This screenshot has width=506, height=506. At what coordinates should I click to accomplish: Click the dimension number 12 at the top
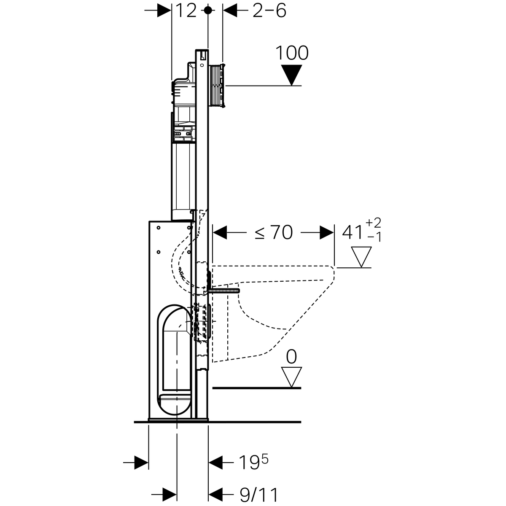tap(186, 11)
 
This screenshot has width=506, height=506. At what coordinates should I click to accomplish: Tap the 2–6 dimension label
tap(269, 11)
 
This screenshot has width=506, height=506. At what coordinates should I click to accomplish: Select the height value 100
tap(292, 53)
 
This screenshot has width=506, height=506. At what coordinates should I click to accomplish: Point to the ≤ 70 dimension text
tap(274, 232)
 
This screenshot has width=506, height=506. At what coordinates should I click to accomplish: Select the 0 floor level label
tap(291, 357)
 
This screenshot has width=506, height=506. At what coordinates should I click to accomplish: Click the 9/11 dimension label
tap(258, 495)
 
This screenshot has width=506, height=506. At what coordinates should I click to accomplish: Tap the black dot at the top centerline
tap(208, 10)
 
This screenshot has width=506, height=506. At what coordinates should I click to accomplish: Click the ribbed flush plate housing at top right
tap(217, 85)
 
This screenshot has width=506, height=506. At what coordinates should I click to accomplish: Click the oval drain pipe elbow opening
tap(174, 360)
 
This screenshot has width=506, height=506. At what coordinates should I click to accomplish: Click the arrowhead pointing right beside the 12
tap(164, 11)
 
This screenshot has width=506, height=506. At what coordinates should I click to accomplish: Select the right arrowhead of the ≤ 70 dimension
tap(327, 232)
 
